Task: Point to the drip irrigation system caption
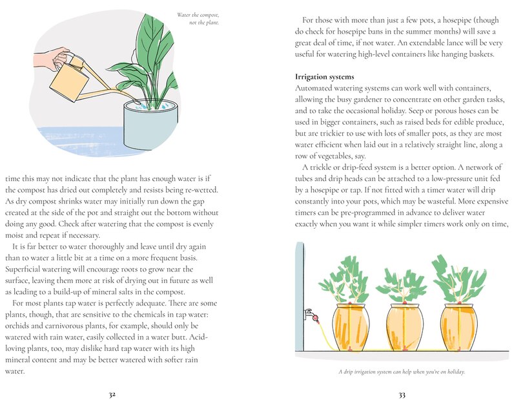[x=401, y=372]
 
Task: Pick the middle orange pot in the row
[x=404, y=326]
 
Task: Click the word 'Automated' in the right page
[x=313, y=87]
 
